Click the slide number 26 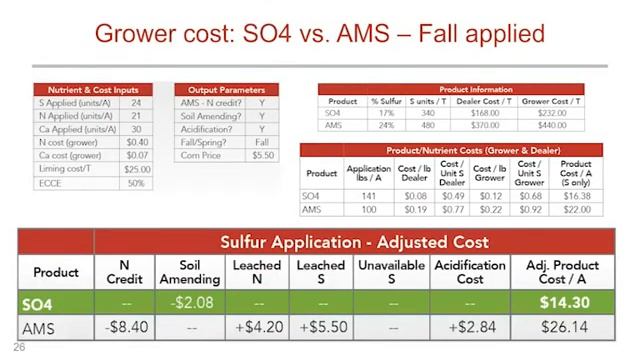point(19,348)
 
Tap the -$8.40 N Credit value point(126,328)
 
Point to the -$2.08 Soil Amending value point(189,302)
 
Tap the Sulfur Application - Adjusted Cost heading point(354,242)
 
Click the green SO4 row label point(56,302)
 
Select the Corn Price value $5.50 point(262,156)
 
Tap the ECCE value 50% point(137,183)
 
